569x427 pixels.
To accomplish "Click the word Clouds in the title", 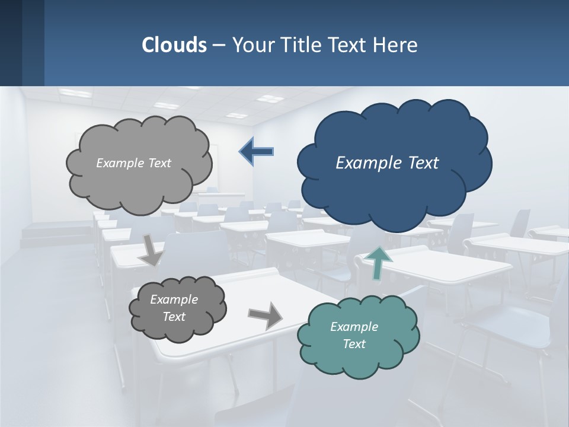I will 174,45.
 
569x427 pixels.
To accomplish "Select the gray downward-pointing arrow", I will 151,250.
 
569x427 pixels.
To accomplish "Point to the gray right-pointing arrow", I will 265,315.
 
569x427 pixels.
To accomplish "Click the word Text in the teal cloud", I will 354,344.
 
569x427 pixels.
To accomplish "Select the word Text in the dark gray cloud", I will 174,317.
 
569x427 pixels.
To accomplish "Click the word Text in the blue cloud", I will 423,162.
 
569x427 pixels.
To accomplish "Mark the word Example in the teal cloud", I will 354,327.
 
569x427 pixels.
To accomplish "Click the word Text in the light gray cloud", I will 159,163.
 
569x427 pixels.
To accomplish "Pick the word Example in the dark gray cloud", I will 174,299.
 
